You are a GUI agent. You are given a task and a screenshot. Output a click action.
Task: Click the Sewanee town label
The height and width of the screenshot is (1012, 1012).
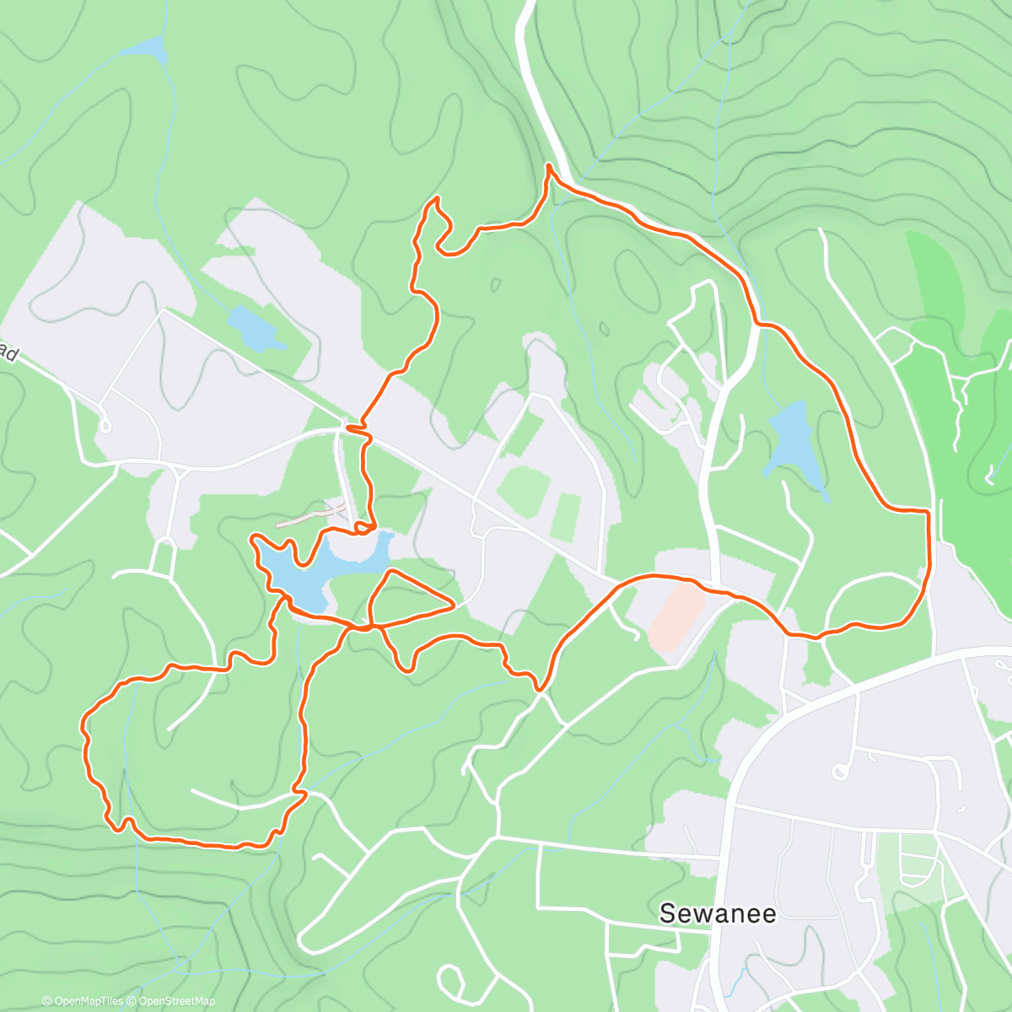point(717,913)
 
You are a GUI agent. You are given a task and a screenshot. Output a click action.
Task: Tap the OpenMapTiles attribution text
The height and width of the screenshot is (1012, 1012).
point(83,1001)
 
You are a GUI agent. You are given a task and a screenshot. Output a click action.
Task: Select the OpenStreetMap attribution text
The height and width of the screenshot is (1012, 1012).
point(175,1001)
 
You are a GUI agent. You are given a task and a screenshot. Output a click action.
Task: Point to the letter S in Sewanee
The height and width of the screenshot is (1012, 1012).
point(668,913)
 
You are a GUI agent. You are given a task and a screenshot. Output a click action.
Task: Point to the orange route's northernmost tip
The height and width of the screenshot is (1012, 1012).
point(549,166)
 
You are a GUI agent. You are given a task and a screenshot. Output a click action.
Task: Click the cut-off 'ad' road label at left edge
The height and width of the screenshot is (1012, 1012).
point(8,353)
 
